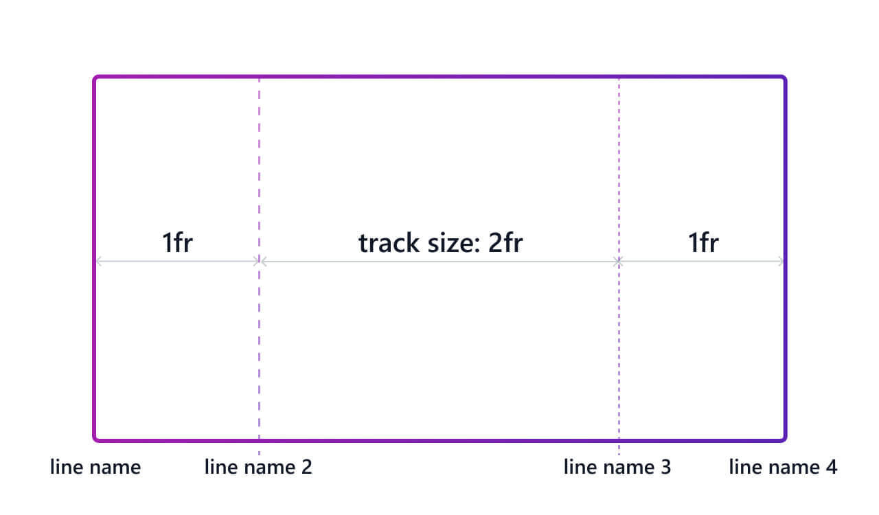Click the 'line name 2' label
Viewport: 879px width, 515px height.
coord(258,468)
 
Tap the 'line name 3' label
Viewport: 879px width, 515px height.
coord(617,468)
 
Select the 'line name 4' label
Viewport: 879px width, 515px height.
coord(783,468)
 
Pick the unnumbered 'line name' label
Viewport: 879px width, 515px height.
coord(95,468)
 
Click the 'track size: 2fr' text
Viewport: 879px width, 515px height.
coord(440,243)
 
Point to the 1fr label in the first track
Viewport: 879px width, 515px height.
coord(176,243)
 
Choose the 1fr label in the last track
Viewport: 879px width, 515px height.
coord(703,243)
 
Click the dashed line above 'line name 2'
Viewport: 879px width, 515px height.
coord(259,172)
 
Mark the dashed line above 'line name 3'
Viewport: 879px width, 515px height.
coord(619,172)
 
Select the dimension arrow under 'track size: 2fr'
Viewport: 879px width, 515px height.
coord(439,262)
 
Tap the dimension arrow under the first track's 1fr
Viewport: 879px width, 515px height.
coord(177,262)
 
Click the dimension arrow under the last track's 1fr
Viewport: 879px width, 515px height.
coord(701,262)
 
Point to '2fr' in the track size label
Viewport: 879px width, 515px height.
coord(505,243)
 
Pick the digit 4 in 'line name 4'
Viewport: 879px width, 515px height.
coord(831,468)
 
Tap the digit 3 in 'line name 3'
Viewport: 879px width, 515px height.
coord(665,468)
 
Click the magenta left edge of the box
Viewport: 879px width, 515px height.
coord(95,309)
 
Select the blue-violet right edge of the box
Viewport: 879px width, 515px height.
coord(785,309)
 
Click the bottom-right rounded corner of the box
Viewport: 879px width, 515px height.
coord(783,437)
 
